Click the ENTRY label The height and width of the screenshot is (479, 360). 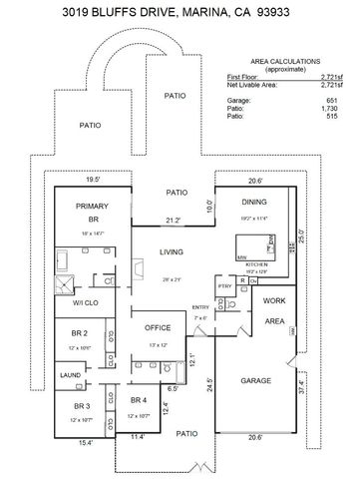point(200,306)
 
